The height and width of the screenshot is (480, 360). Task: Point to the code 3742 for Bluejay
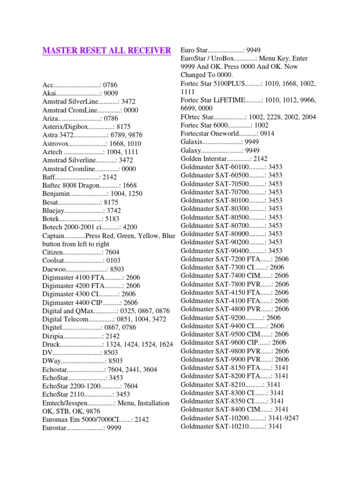(114, 210)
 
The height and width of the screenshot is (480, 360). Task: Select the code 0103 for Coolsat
(114, 261)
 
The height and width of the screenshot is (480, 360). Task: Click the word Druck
(51, 345)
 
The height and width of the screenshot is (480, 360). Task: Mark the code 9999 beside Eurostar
(114, 428)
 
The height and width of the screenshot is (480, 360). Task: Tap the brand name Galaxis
(192, 142)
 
